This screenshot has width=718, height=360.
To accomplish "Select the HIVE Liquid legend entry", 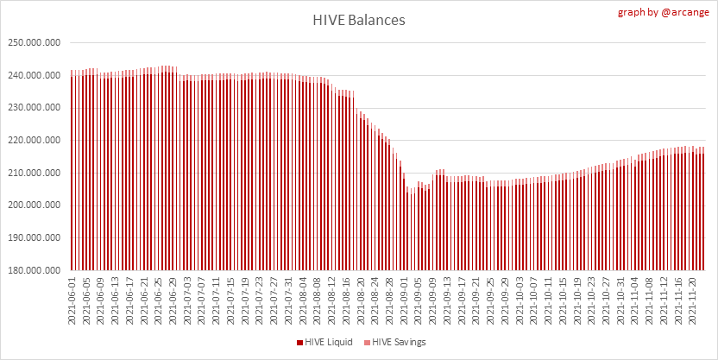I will pos(332,342).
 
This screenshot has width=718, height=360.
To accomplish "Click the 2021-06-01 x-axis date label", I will pos(72,300).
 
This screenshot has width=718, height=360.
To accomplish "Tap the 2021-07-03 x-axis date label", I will pos(187,300).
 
